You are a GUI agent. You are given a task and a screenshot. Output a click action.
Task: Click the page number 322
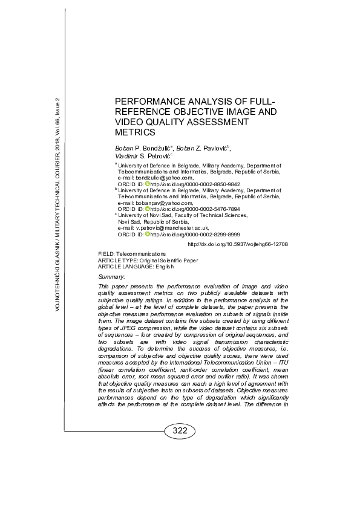point(179,431)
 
